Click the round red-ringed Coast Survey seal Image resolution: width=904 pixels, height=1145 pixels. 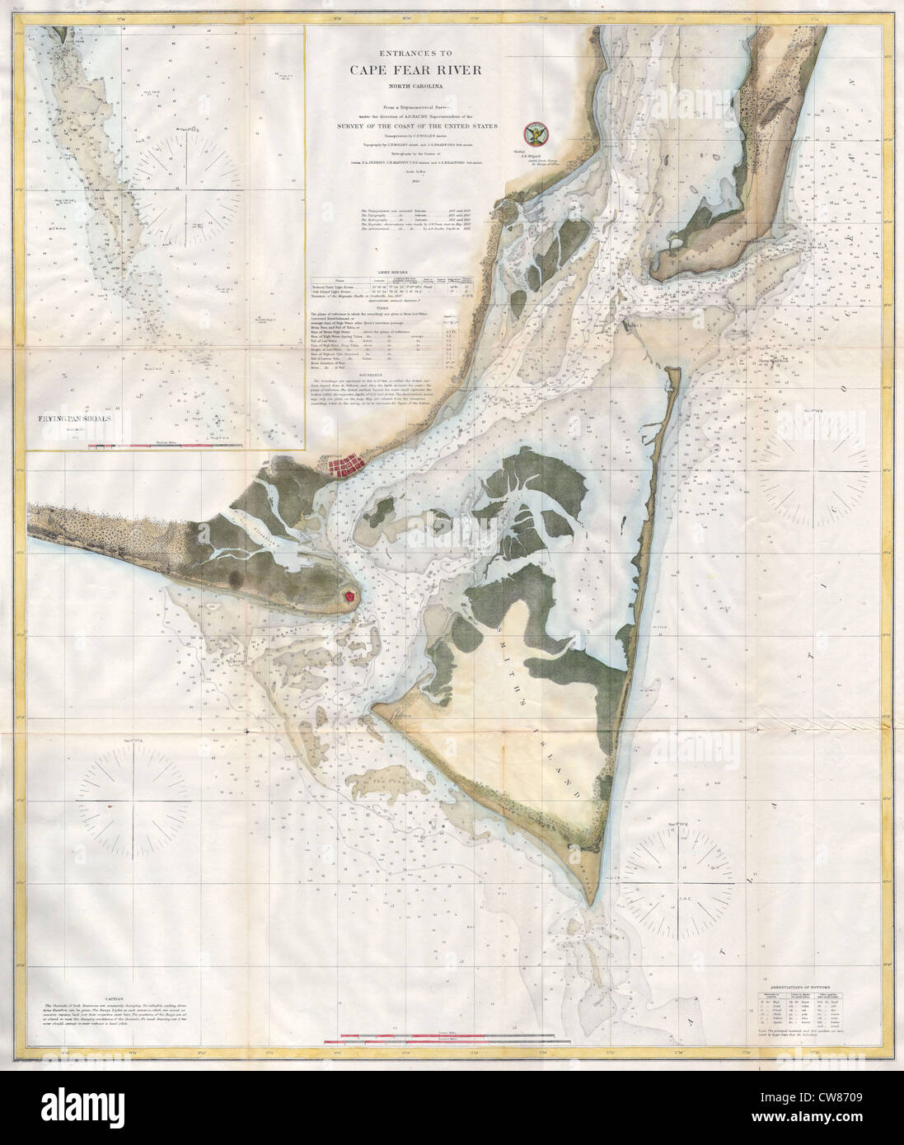pyautogui.click(x=535, y=133)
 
